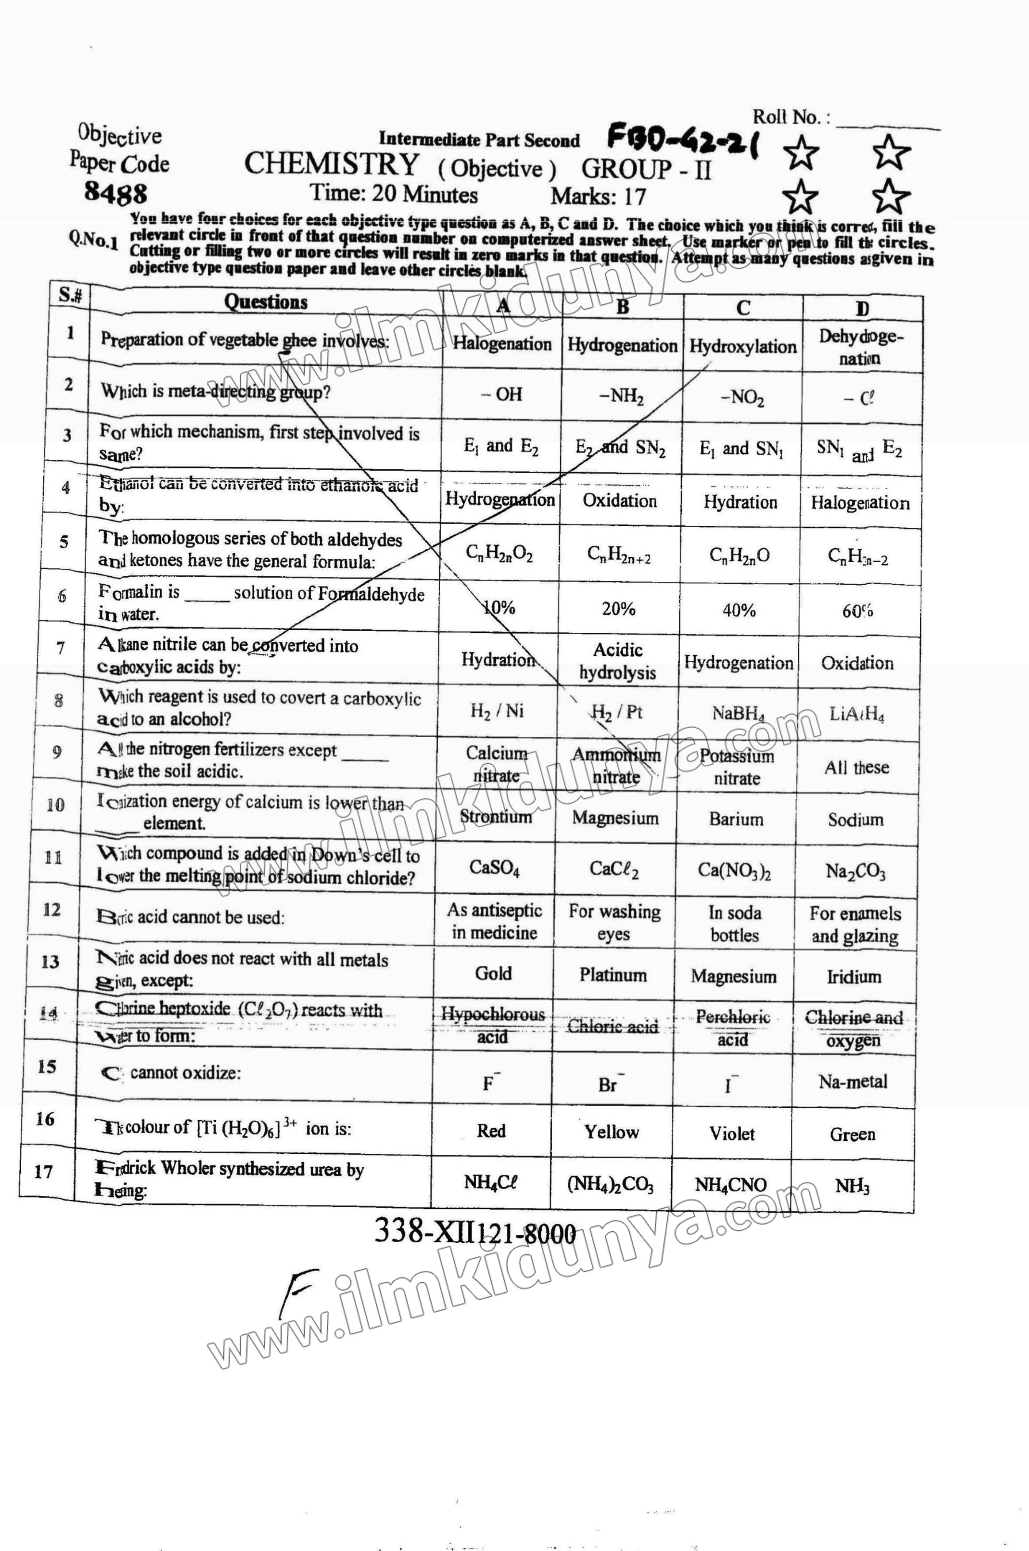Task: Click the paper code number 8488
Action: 116,193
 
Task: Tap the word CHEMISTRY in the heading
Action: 331,164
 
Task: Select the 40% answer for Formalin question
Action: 739,610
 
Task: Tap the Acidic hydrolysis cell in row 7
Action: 617,661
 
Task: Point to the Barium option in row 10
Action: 736,819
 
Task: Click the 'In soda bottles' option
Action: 734,923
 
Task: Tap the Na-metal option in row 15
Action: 853,1082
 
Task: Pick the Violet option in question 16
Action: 732,1134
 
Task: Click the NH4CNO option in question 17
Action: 731,1185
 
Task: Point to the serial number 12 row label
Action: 51,910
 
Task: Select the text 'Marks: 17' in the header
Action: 598,196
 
